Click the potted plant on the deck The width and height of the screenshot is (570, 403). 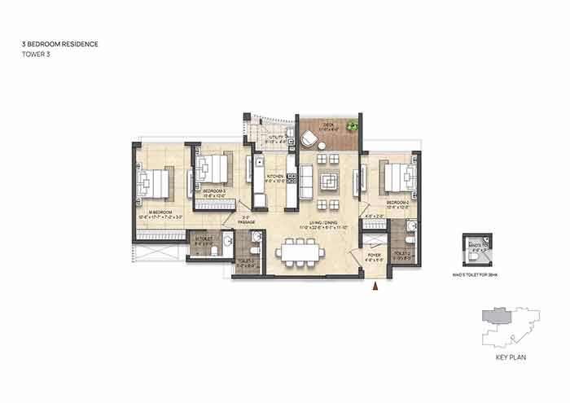351,126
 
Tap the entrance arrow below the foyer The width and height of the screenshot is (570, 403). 375,286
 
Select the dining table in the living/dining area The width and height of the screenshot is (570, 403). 300,251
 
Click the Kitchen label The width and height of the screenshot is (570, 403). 274,179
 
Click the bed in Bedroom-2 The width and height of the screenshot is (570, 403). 394,176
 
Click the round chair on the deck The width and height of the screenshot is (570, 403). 311,139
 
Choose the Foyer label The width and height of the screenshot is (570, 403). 375,258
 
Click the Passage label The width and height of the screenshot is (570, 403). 248,220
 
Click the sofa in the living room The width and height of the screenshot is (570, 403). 305,180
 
